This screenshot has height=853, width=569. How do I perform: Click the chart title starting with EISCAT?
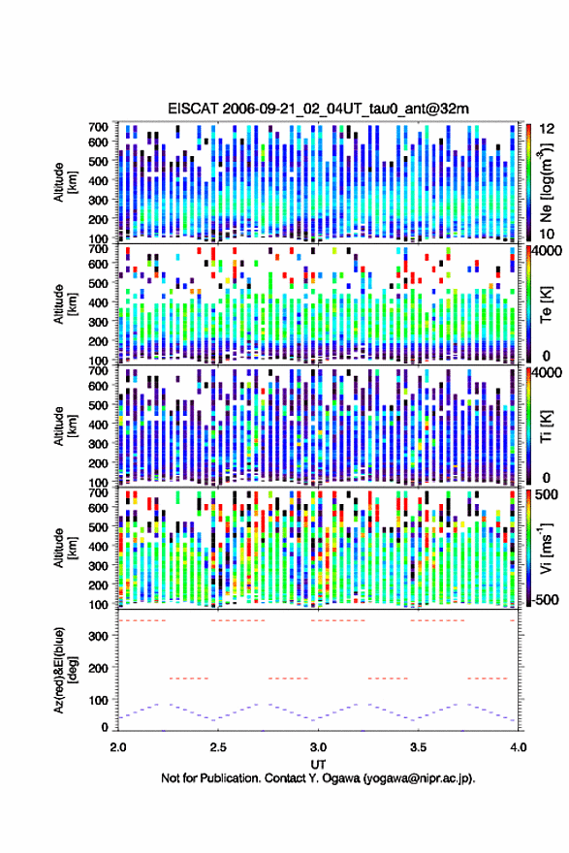pos(318,109)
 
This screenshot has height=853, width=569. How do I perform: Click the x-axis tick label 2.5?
pos(218,747)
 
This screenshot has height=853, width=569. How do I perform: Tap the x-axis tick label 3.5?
pos(418,747)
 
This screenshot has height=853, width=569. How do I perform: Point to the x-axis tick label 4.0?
pos(518,747)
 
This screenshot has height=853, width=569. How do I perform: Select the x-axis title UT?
pos(318,765)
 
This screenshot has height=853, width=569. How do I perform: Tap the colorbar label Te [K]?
pos(546,304)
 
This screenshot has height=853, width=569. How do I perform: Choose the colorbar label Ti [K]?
pos(546,426)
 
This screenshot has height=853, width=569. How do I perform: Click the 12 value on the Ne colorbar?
pos(547,129)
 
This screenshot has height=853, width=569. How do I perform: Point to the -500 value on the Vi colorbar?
pos(546,599)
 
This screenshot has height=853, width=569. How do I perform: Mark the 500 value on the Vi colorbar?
pos(547,494)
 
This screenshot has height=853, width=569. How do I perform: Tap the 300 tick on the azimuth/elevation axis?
pos(99,636)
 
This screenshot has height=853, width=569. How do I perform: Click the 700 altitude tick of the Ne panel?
pos(99,127)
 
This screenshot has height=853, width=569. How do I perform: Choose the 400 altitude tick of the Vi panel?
pos(99,546)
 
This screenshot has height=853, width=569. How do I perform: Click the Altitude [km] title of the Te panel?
pos(65,304)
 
